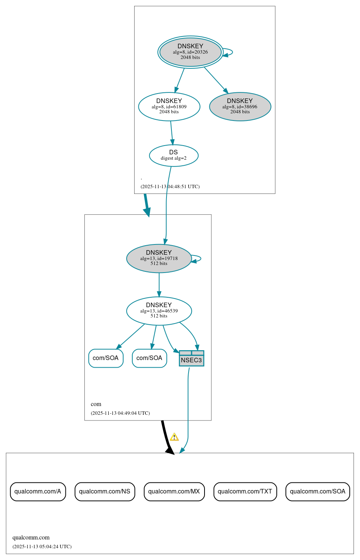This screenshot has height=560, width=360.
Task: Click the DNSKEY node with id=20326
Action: pyautogui.click(x=190, y=52)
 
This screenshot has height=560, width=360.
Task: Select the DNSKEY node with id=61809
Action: pyautogui.click(x=169, y=107)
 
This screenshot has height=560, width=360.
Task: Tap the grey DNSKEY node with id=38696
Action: pyautogui.click(x=240, y=107)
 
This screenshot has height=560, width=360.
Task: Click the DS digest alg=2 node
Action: pyautogui.click(x=174, y=155)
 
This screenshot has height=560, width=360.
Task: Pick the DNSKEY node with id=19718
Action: pyautogui.click(x=159, y=259)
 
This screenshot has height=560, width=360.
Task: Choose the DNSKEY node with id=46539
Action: pyautogui.click(x=159, y=311)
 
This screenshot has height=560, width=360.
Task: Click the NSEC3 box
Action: pyautogui.click(x=192, y=359)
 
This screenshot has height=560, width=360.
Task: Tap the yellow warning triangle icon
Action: pyautogui.click(x=174, y=437)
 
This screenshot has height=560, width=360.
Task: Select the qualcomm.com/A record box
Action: pyautogui.click(x=38, y=492)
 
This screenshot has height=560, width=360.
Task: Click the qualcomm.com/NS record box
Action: pyautogui.click(x=105, y=492)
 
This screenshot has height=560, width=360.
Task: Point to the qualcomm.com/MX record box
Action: pyautogui.click(x=174, y=492)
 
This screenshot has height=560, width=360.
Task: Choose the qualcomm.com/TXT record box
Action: pyautogui.click(x=245, y=492)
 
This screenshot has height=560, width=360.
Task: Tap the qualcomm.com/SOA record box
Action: pyautogui.click(x=317, y=492)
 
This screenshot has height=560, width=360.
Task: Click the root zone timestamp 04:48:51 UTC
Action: pyautogui.click(x=170, y=187)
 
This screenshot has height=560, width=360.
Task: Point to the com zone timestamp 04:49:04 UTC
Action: pyautogui.click(x=120, y=413)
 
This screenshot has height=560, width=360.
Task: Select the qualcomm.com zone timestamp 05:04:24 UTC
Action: pyautogui.click(x=42, y=547)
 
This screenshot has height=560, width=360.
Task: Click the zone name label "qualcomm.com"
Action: pyautogui.click(x=31, y=538)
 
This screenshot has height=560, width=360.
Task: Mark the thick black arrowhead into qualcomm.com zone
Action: pyautogui.click(x=170, y=450)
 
